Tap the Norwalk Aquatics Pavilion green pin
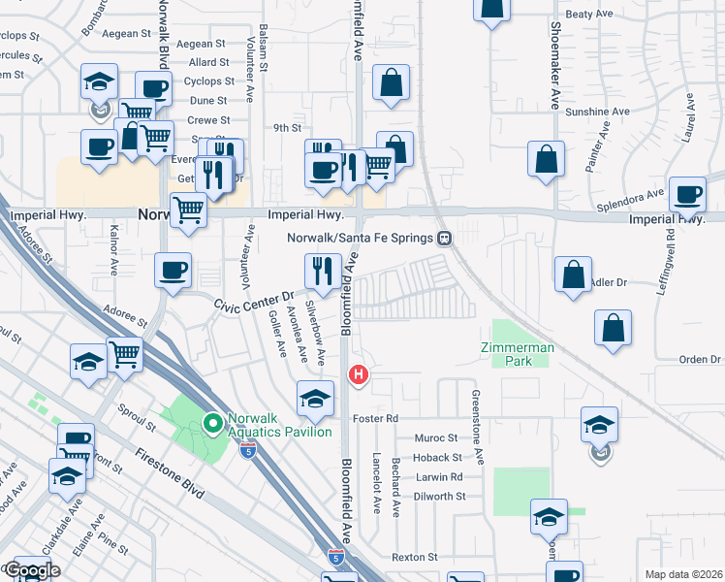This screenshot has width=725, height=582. pyautogui.click(x=212, y=423)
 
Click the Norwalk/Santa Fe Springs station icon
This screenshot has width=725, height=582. pyautogui.click(x=444, y=237)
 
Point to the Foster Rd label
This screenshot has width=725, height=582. pyautogui.click(x=377, y=418)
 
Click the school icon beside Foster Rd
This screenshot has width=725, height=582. pyautogui.click(x=315, y=399)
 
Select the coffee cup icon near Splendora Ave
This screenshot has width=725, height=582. pyautogui.click(x=688, y=195)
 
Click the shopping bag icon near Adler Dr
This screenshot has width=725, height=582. pyautogui.click(x=573, y=275)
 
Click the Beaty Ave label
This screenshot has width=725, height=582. pyautogui.click(x=590, y=14)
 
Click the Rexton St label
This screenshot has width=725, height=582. pyautogui.click(x=415, y=558)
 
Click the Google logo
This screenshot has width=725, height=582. pyautogui.click(x=31, y=570)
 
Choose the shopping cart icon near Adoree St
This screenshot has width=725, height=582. pyautogui.click(x=125, y=355)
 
